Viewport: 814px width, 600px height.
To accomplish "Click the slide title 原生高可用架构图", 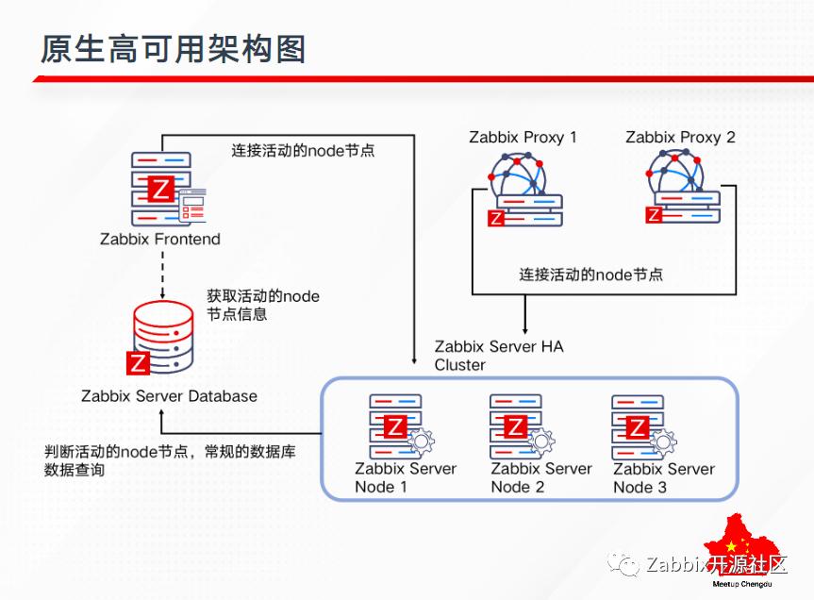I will point(173,49).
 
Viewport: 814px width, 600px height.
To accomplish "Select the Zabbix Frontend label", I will point(160,240).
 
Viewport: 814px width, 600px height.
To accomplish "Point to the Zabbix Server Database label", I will point(170,396).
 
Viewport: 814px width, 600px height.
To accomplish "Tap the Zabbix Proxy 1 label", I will point(523,138).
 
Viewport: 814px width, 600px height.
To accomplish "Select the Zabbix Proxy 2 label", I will point(680,138).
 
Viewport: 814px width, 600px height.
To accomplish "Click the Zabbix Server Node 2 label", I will point(540,477).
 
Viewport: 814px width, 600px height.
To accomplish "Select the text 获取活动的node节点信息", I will point(263,305).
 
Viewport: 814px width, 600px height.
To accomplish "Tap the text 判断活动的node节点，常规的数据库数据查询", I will point(170,460).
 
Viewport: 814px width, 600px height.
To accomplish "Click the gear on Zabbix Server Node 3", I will point(664,441).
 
